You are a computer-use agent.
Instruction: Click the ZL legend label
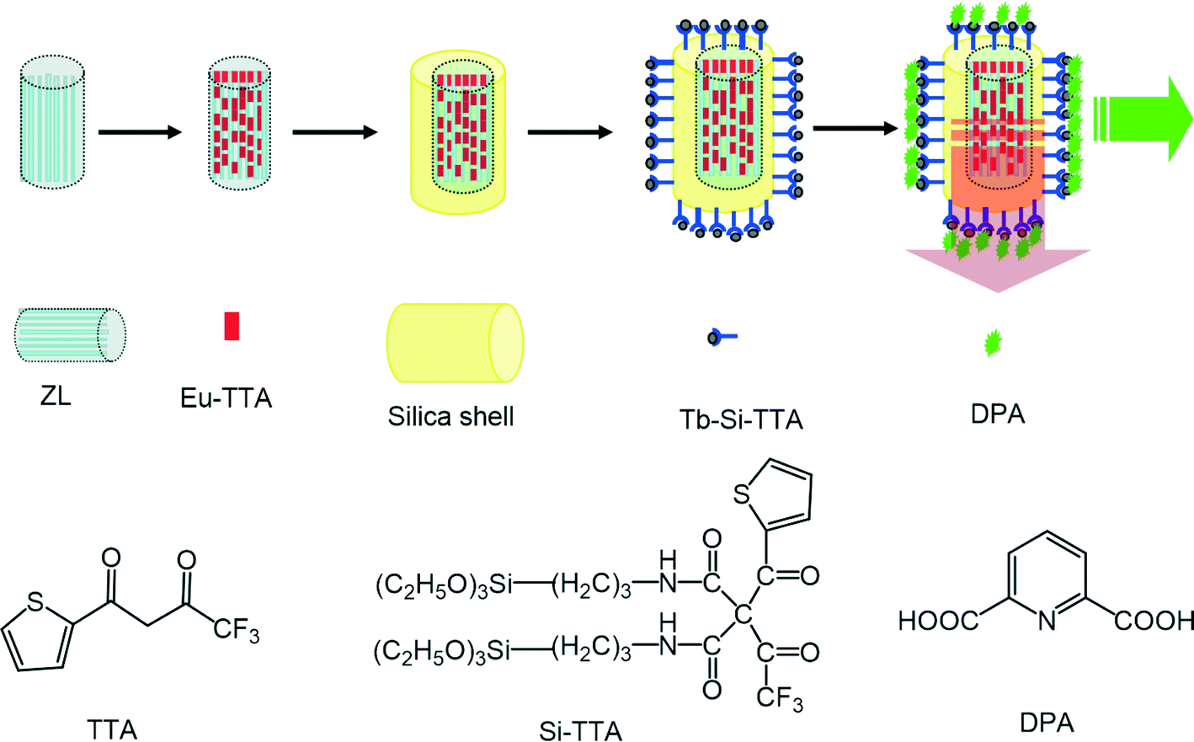click(56, 395)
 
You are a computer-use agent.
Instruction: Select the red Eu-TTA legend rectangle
click(232, 326)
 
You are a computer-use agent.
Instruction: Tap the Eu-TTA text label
click(226, 397)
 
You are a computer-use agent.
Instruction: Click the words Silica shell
click(450, 416)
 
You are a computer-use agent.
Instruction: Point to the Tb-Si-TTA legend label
click(741, 419)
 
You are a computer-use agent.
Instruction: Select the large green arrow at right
click(1144, 118)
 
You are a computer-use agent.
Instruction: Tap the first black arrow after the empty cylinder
click(140, 132)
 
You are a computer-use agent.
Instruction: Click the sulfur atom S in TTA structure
click(35, 601)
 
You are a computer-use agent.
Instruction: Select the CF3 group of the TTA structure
click(236, 630)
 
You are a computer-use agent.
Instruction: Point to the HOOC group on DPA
click(938, 622)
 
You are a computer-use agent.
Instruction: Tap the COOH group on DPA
click(1154, 622)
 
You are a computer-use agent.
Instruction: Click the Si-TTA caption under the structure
click(580, 729)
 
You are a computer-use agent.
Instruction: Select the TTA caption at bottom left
click(112, 728)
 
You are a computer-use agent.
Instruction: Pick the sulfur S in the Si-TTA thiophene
click(742, 494)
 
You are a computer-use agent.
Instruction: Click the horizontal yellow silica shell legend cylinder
click(455, 343)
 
